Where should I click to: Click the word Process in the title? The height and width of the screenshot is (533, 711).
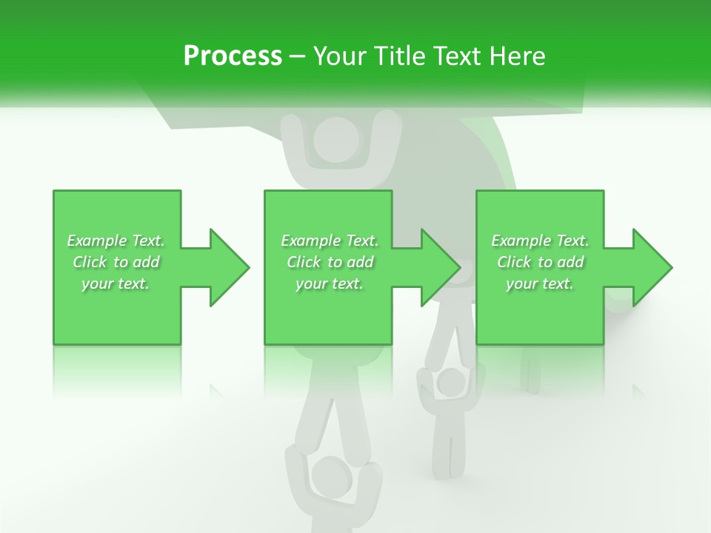[233, 56]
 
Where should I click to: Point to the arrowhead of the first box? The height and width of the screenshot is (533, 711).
[229, 267]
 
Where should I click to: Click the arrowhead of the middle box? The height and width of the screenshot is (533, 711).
[440, 267]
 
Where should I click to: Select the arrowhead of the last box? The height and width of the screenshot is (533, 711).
[652, 267]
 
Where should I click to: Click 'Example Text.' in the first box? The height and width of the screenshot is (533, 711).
[116, 241]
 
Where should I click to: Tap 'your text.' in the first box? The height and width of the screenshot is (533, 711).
[116, 284]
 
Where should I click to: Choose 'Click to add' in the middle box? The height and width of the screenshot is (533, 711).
[330, 262]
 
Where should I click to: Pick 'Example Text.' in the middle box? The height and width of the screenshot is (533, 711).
[330, 241]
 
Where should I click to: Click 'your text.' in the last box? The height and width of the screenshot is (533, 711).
[540, 284]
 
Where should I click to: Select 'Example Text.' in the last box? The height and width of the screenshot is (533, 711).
[540, 241]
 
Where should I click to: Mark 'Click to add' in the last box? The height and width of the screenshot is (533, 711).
[540, 262]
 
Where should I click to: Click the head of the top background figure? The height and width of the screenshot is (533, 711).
[336, 141]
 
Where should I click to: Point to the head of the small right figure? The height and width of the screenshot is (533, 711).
[449, 383]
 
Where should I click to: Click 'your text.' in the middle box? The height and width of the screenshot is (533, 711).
[330, 284]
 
